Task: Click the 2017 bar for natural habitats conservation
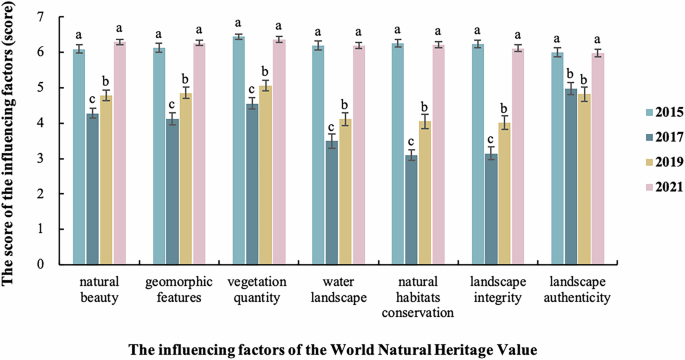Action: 410,210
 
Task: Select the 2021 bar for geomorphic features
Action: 199,154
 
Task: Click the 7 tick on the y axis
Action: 39,17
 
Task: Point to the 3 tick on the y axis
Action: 39,159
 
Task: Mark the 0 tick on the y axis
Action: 39,265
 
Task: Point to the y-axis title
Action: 11,140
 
